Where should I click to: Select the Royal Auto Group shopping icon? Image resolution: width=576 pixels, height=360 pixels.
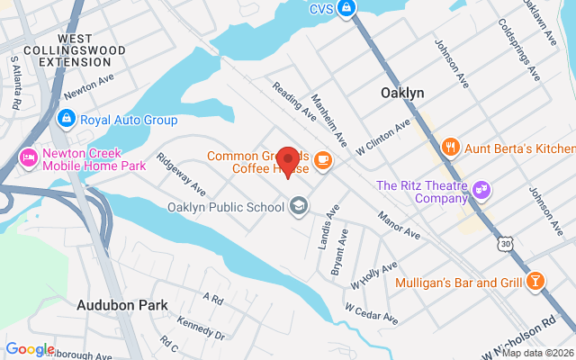click(x=66, y=119)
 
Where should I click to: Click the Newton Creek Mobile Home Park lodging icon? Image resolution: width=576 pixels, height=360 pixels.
click(x=28, y=157)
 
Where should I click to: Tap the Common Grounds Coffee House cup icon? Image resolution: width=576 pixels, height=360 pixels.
click(x=323, y=160)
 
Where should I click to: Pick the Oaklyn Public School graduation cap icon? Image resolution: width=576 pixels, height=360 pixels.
click(x=298, y=207)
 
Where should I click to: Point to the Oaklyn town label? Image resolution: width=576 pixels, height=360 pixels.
click(x=402, y=93)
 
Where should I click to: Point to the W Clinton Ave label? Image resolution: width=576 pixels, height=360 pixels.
click(x=383, y=134)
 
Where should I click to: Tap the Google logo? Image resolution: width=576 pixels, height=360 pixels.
click(x=30, y=349)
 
